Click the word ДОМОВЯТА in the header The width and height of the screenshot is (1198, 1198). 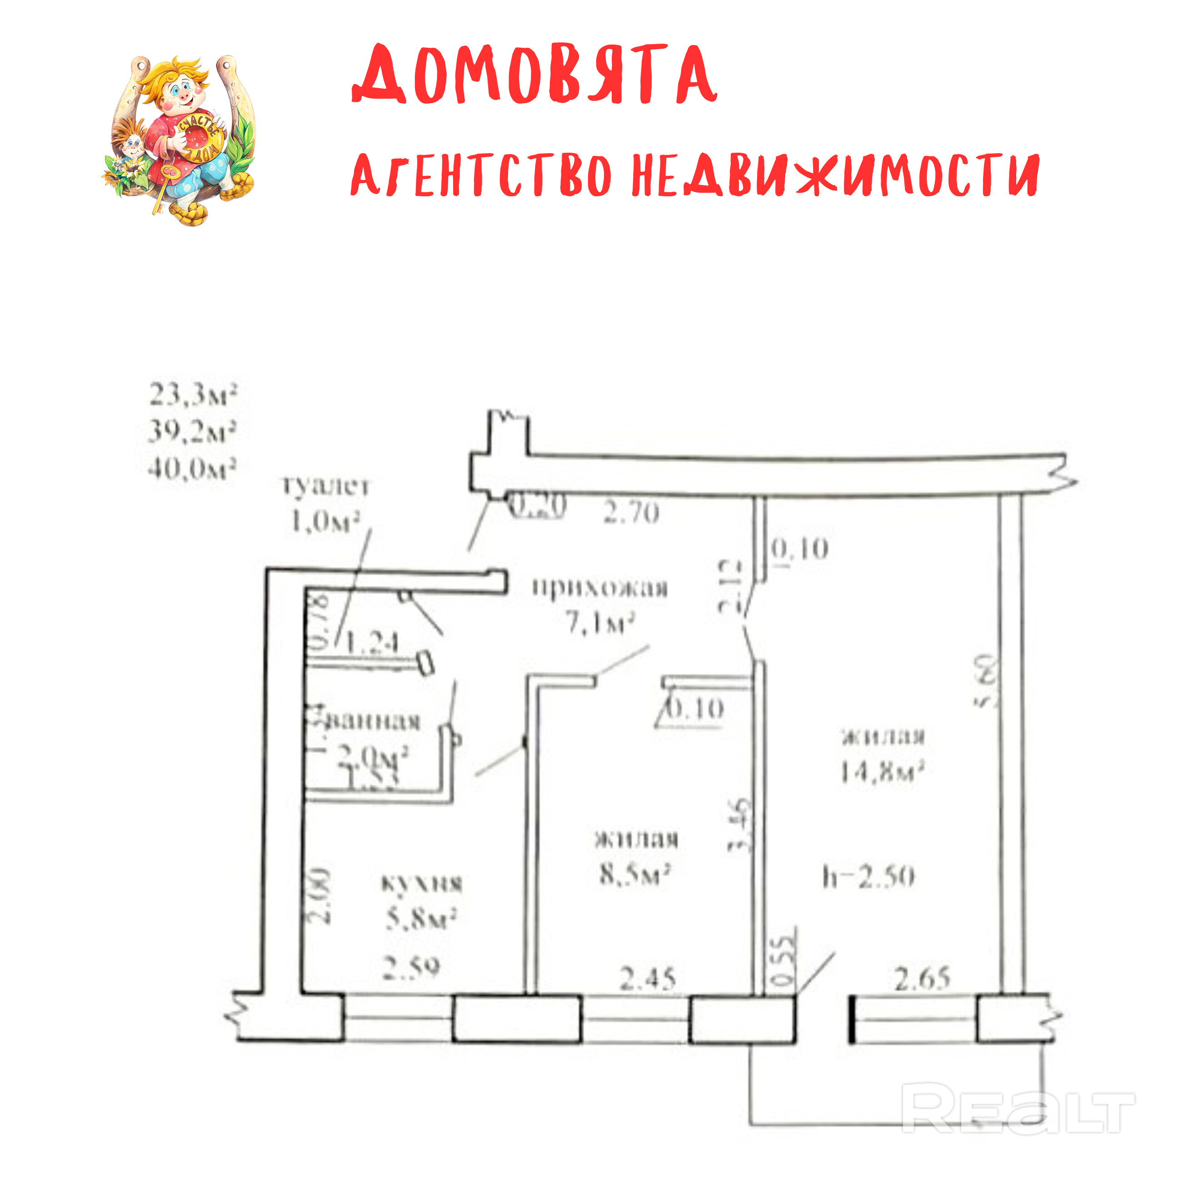point(534,75)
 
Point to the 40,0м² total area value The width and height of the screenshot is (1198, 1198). point(192,469)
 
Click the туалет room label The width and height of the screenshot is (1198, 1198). point(326,485)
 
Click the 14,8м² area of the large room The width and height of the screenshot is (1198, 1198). point(882,772)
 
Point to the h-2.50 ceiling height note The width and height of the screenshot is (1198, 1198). point(868,877)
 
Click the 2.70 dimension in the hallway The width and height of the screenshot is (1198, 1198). point(631,513)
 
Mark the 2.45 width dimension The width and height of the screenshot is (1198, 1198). point(647,978)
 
